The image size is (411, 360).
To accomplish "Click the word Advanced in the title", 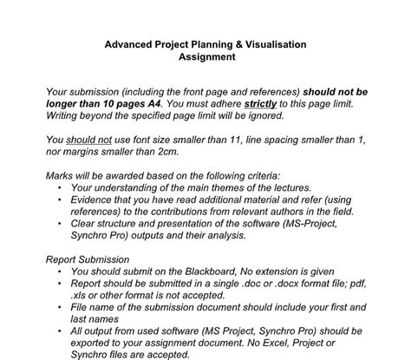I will pyautogui.click(x=130, y=43).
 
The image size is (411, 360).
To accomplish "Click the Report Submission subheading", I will pyautogui.click(x=88, y=259).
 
